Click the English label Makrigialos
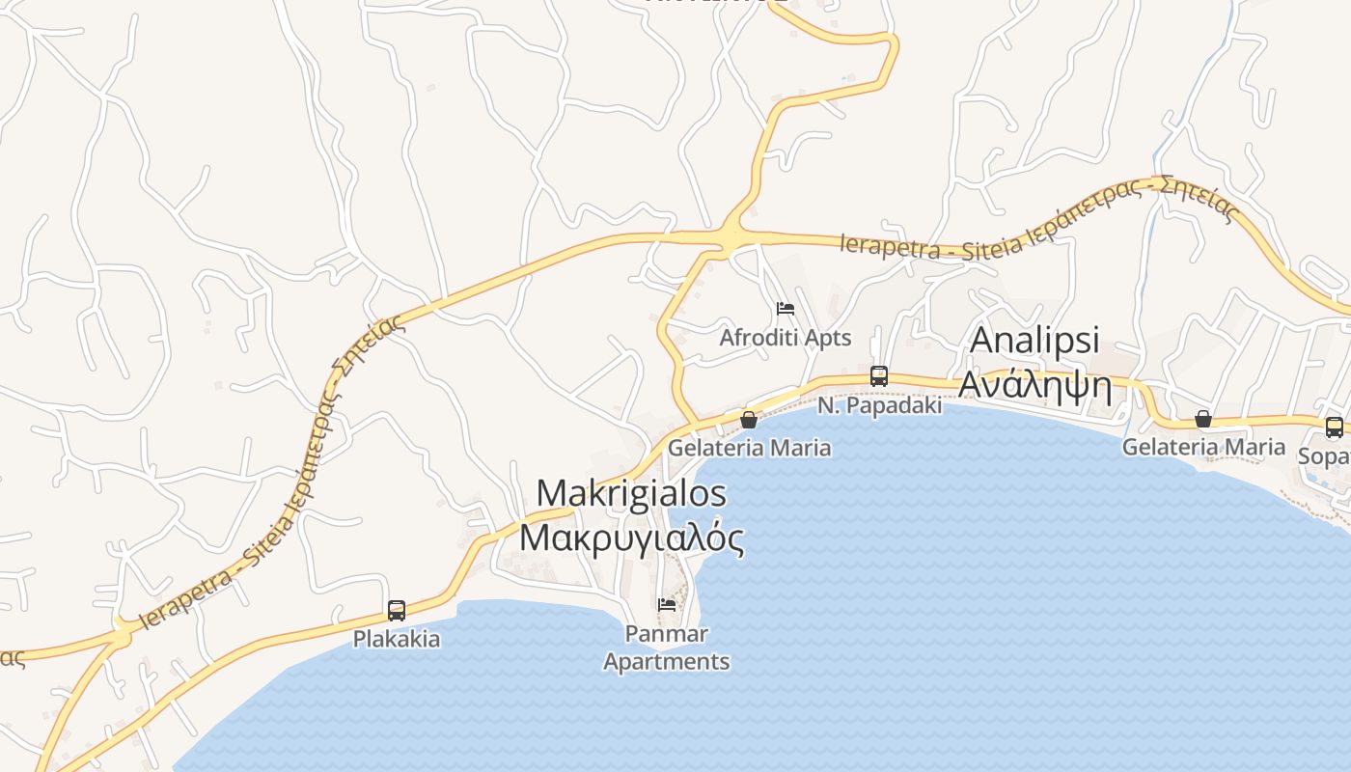point(631,493)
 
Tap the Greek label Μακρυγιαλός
point(631,537)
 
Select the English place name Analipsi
point(1034,340)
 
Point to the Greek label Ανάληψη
point(1034,386)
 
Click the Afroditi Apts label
point(786,338)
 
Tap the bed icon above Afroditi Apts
point(786,309)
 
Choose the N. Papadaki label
point(879,406)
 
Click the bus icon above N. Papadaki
point(878,376)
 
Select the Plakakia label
point(397,639)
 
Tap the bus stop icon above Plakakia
point(397,610)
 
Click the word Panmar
point(667,634)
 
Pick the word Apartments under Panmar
point(667,662)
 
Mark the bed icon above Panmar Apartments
point(667,605)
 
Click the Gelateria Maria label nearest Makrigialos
point(749,448)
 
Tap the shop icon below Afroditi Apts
point(748,420)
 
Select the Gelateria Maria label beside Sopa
point(1203,447)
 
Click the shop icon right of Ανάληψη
point(1203,419)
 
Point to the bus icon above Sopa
point(1334,427)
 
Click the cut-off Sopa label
point(1324,455)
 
